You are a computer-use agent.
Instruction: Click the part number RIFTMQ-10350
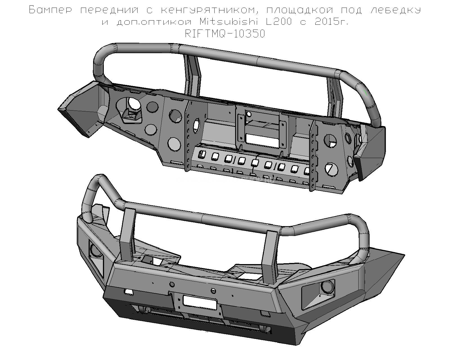225,34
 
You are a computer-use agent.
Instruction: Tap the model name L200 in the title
278,21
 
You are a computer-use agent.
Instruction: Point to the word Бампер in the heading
50,10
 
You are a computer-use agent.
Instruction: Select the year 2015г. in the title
331,21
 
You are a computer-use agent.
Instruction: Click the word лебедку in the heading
396,10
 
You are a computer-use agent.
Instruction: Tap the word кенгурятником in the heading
209,10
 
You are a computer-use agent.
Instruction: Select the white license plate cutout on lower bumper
199,302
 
